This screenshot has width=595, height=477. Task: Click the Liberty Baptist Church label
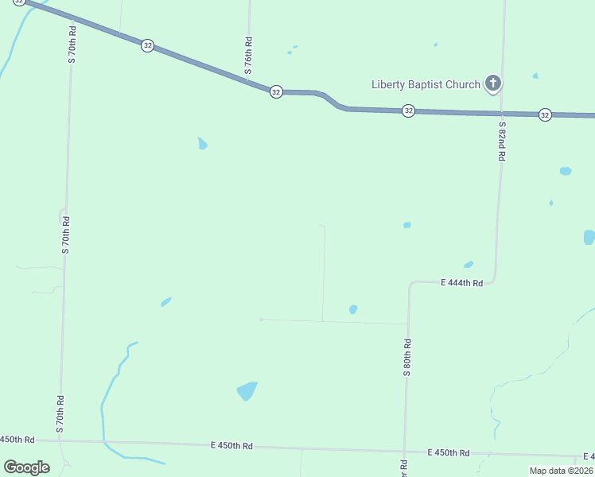pos(426,85)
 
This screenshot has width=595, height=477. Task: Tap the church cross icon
pos(493,83)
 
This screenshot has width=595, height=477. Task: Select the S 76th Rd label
pos(249,56)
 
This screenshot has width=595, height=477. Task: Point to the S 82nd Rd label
pos(502,142)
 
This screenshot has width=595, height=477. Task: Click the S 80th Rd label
pos(406,357)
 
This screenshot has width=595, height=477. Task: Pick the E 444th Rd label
pos(461,282)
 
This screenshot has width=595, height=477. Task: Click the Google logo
pos(26,467)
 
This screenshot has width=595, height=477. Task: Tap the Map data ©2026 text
pos(561,471)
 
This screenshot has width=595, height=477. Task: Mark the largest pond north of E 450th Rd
pos(247,391)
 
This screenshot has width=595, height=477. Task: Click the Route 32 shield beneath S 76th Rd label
pos(275,91)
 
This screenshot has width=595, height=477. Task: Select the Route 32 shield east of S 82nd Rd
pos(545,114)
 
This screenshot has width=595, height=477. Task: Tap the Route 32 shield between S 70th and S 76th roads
pos(147,45)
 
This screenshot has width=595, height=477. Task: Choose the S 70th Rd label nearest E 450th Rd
pos(60,413)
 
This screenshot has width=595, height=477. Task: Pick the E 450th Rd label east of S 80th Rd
pos(448,452)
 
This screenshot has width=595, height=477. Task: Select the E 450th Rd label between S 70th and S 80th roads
pos(231,446)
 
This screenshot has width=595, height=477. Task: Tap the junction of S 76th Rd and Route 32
pos(249,79)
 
